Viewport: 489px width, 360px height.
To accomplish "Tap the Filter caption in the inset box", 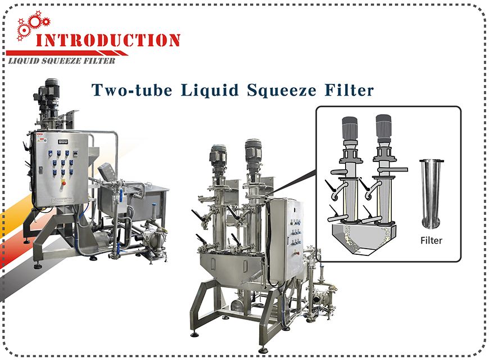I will coord(431,240).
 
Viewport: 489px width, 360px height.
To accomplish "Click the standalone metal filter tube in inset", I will coord(431,194).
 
